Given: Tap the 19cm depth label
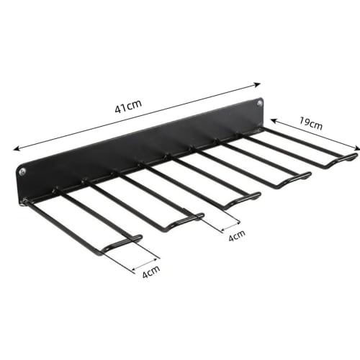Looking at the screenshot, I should pyautogui.click(x=310, y=124).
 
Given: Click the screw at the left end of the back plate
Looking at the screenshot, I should pyautogui.click(x=22, y=172).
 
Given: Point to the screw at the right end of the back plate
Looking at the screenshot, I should pyautogui.click(x=253, y=105).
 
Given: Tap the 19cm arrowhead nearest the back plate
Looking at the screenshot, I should pyautogui.click(x=273, y=121).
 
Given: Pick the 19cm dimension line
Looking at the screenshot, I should pyautogui.click(x=314, y=135).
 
